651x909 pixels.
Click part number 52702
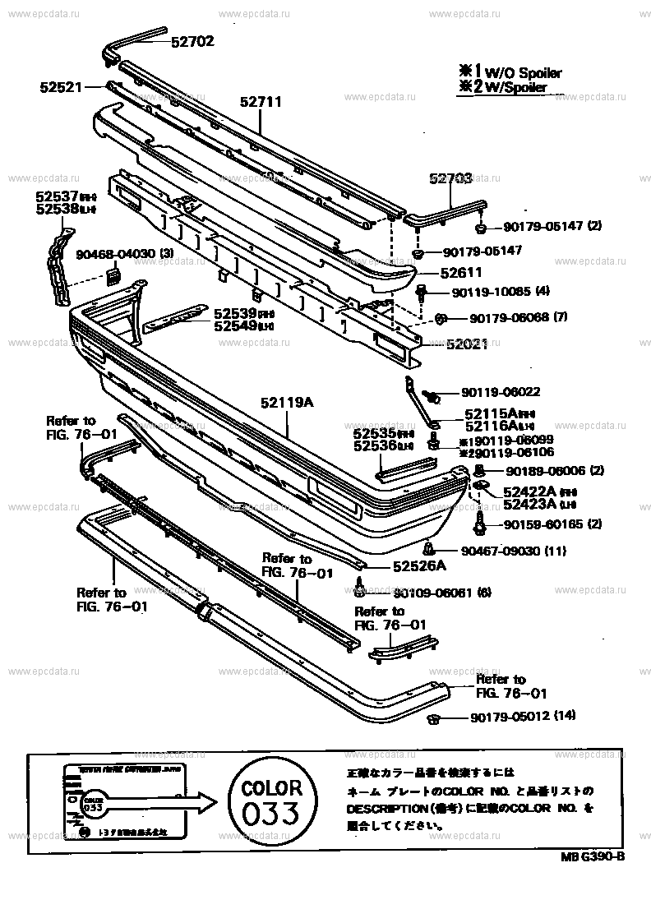(x=192, y=41)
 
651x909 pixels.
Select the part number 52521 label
(x=61, y=85)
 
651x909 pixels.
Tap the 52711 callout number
(x=261, y=102)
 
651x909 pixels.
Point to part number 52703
(x=450, y=178)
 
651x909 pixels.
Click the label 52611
(x=461, y=272)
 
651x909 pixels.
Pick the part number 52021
(x=467, y=345)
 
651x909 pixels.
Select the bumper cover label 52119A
(x=288, y=403)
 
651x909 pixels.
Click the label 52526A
(x=418, y=565)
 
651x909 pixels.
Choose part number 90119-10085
(x=490, y=291)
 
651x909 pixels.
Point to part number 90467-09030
(x=500, y=551)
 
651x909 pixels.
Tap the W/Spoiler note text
(x=517, y=87)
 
